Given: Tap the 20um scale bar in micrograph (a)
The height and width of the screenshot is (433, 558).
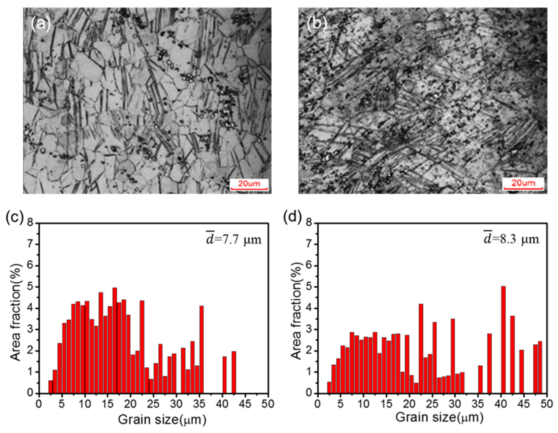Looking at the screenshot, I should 249,186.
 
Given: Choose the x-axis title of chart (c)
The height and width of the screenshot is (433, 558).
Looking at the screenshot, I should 162,420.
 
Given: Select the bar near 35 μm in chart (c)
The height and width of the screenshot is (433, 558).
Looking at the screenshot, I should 202,349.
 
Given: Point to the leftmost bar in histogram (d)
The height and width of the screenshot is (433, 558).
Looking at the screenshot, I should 329,387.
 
